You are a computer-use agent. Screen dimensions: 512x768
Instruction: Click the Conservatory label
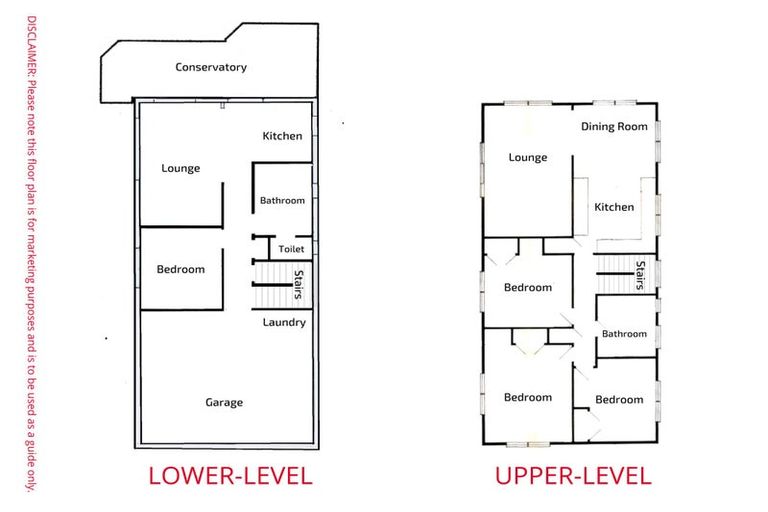(x=211, y=67)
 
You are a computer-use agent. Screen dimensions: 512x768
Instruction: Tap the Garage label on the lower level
(x=224, y=402)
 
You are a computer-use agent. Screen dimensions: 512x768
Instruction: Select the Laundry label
(x=284, y=322)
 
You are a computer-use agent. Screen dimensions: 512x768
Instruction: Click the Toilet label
(x=291, y=249)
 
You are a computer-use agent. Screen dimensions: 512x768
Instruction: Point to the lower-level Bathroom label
(x=282, y=200)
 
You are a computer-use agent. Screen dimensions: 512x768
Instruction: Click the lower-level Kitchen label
(x=282, y=136)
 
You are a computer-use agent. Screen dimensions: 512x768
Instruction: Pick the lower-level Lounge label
(x=181, y=168)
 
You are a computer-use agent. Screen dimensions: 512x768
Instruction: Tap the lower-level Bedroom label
(x=181, y=269)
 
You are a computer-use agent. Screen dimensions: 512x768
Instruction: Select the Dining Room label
(x=614, y=127)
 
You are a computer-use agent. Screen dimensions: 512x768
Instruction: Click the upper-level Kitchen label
(x=614, y=207)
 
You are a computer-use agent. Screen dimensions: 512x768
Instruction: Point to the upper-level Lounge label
(x=527, y=157)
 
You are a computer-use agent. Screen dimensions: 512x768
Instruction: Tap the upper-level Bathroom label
(x=624, y=334)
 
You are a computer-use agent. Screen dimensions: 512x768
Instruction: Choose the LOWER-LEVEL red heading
(x=230, y=476)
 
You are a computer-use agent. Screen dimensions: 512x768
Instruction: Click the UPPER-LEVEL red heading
(x=573, y=476)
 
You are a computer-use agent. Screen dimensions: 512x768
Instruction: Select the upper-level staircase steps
(x=615, y=274)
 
